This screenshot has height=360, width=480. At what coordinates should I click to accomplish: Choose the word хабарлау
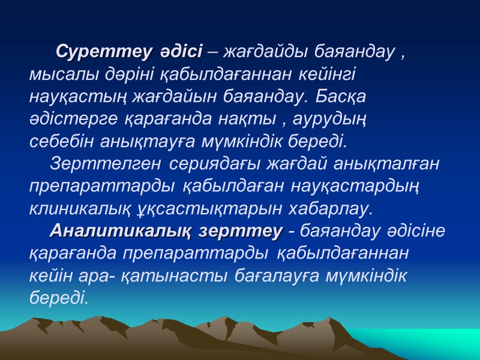coord(334,208)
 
